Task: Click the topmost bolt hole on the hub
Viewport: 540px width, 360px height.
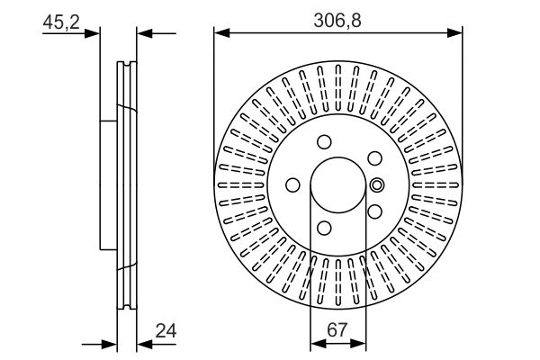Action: [323, 141]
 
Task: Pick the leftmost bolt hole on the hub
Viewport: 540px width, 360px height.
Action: [292, 184]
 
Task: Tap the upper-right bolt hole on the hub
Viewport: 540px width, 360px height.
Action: [372, 157]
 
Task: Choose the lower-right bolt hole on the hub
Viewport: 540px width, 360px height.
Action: [372, 211]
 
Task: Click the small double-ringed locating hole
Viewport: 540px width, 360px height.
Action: [377, 185]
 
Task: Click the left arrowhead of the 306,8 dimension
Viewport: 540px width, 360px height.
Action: [220, 34]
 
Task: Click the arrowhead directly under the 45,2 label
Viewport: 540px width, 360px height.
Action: [94, 34]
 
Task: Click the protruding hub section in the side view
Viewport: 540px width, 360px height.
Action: [109, 184]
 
